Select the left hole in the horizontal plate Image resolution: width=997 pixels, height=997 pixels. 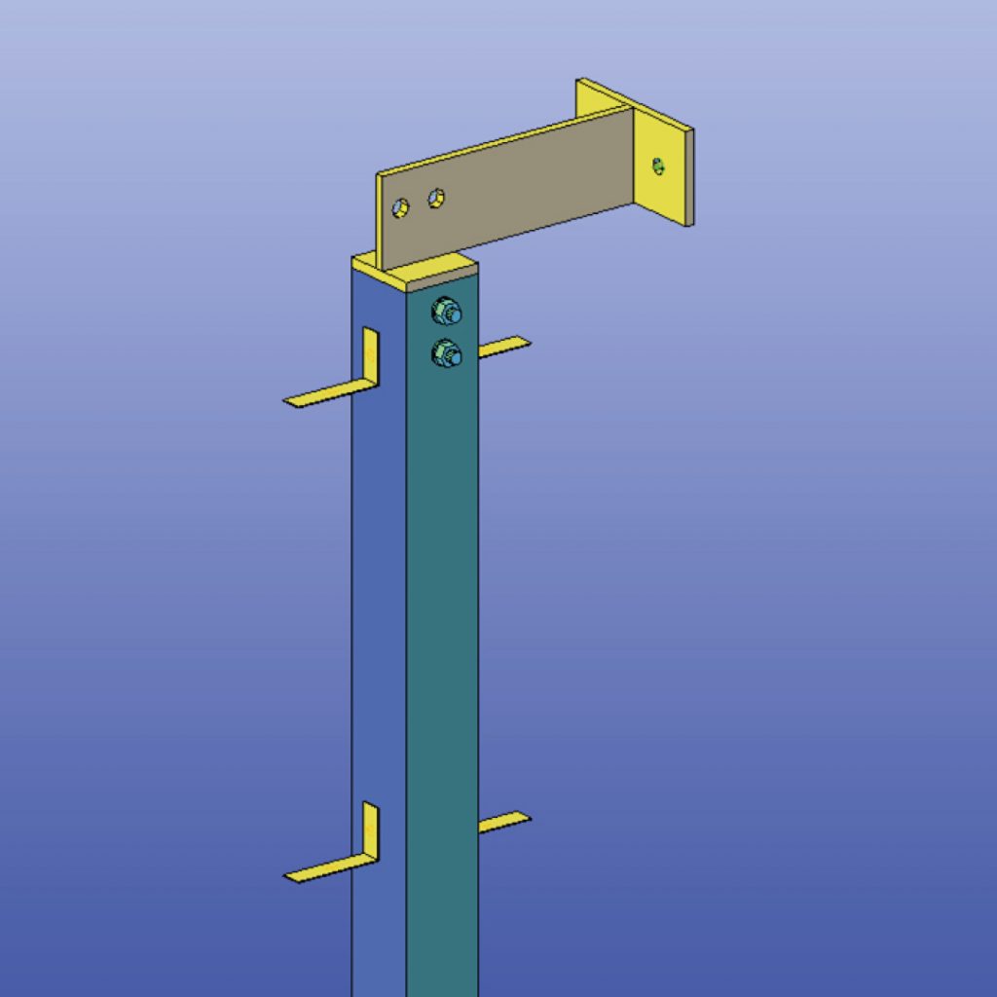(x=400, y=207)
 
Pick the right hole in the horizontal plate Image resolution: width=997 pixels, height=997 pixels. (x=437, y=198)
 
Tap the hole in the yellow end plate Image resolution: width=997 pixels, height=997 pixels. (x=659, y=166)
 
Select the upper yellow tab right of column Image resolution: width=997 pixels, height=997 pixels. (x=503, y=346)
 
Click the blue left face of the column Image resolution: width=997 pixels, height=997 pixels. (x=378, y=604)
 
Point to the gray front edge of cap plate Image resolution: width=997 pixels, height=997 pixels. (x=443, y=282)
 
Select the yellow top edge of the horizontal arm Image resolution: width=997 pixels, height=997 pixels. (x=506, y=141)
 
